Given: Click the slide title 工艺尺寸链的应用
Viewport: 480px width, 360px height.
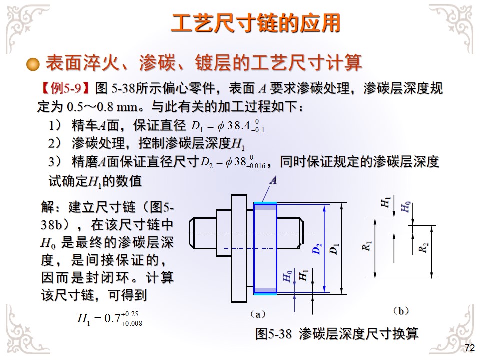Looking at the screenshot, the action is pyautogui.click(x=256, y=23).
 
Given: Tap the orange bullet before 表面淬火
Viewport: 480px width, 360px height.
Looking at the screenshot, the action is pyautogui.click(x=33, y=64).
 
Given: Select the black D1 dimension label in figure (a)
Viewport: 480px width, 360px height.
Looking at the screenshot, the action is pyautogui.click(x=334, y=248).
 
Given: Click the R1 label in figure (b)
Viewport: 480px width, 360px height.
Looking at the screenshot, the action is pyautogui.click(x=368, y=246).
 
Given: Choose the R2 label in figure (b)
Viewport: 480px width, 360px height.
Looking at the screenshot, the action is pyautogui.click(x=424, y=247).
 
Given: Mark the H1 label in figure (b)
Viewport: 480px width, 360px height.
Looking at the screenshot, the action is pyautogui.click(x=386, y=202).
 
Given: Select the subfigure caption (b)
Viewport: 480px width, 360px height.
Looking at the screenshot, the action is pyautogui.click(x=401, y=311).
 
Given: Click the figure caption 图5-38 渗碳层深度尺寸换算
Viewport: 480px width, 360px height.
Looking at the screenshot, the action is pyautogui.click(x=336, y=334).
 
